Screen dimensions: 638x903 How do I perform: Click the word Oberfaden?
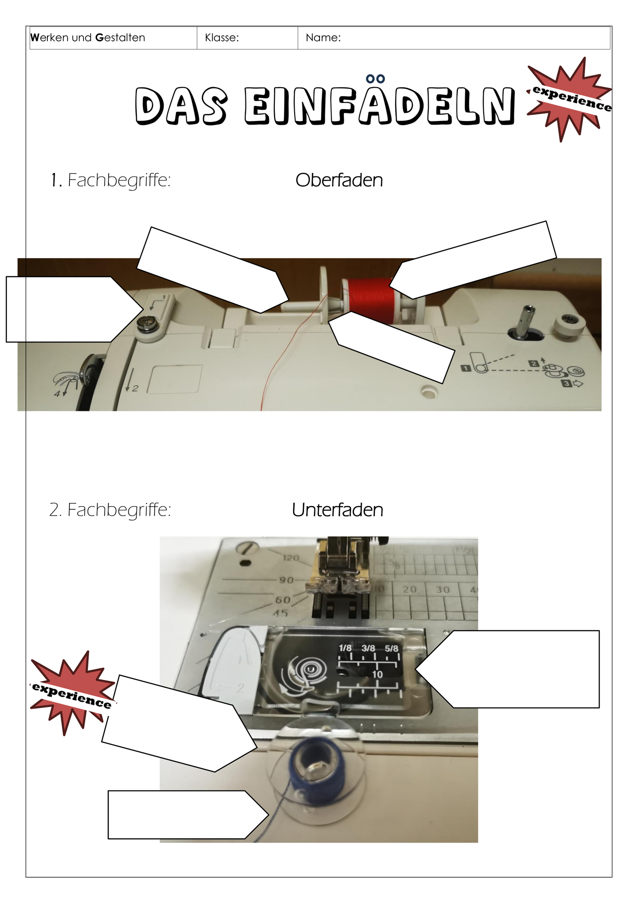click(x=339, y=180)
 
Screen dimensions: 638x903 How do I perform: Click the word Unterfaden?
click(x=337, y=510)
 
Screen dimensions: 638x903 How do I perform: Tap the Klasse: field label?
click(x=222, y=37)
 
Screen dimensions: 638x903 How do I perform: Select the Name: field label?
click(x=323, y=37)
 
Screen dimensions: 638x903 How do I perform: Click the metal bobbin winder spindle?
click(x=525, y=321)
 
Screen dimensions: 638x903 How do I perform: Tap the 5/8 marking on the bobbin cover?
click(x=392, y=648)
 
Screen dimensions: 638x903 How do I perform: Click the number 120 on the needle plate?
click(x=291, y=558)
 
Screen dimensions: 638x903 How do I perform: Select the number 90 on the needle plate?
click(x=286, y=580)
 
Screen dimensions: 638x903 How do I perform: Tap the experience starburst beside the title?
click(x=569, y=99)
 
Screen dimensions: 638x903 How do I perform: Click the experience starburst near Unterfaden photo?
click(x=72, y=694)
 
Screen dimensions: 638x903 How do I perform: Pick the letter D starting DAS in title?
click(x=149, y=106)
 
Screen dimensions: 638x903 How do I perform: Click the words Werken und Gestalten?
click(x=88, y=37)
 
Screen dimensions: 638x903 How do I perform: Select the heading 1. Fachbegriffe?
click(x=111, y=180)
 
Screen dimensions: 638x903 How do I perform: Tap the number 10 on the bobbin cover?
click(x=377, y=674)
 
